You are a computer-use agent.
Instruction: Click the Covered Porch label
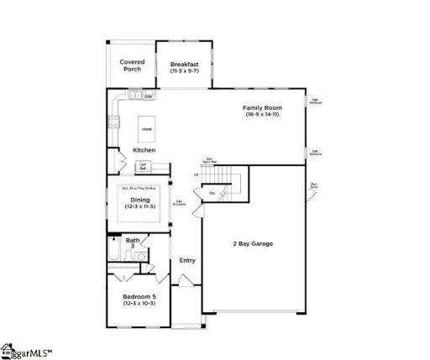132,65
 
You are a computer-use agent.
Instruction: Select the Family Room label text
262,108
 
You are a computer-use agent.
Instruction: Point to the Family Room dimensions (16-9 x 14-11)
262,114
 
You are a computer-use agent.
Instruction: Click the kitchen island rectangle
146,129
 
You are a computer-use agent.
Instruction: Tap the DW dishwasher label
148,97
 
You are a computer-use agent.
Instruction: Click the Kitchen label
144,150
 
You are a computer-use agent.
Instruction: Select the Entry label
187,260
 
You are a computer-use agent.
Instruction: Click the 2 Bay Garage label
253,244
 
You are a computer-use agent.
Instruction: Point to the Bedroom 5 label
139,296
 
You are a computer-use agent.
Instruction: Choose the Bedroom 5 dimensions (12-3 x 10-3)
139,303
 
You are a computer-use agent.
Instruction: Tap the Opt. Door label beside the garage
314,186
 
